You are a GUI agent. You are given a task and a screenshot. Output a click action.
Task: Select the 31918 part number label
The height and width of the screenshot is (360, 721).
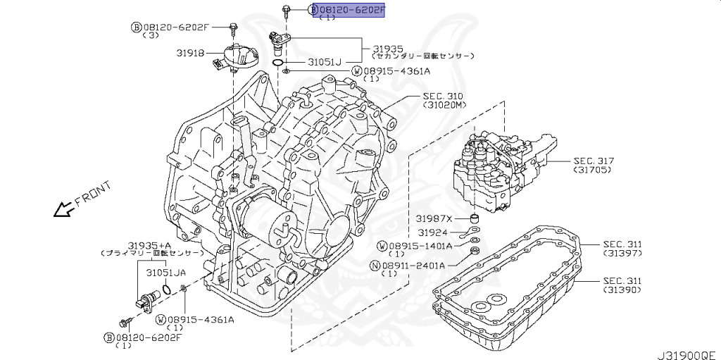(190, 51)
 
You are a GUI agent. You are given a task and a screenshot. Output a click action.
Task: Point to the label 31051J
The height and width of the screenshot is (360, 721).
(324, 63)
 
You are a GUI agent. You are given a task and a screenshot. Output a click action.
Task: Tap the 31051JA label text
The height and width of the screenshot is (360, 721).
(166, 271)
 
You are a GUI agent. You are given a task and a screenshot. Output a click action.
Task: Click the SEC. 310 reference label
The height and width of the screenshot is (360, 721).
(443, 95)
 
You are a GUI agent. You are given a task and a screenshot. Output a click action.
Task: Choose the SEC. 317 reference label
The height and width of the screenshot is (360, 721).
(594, 161)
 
